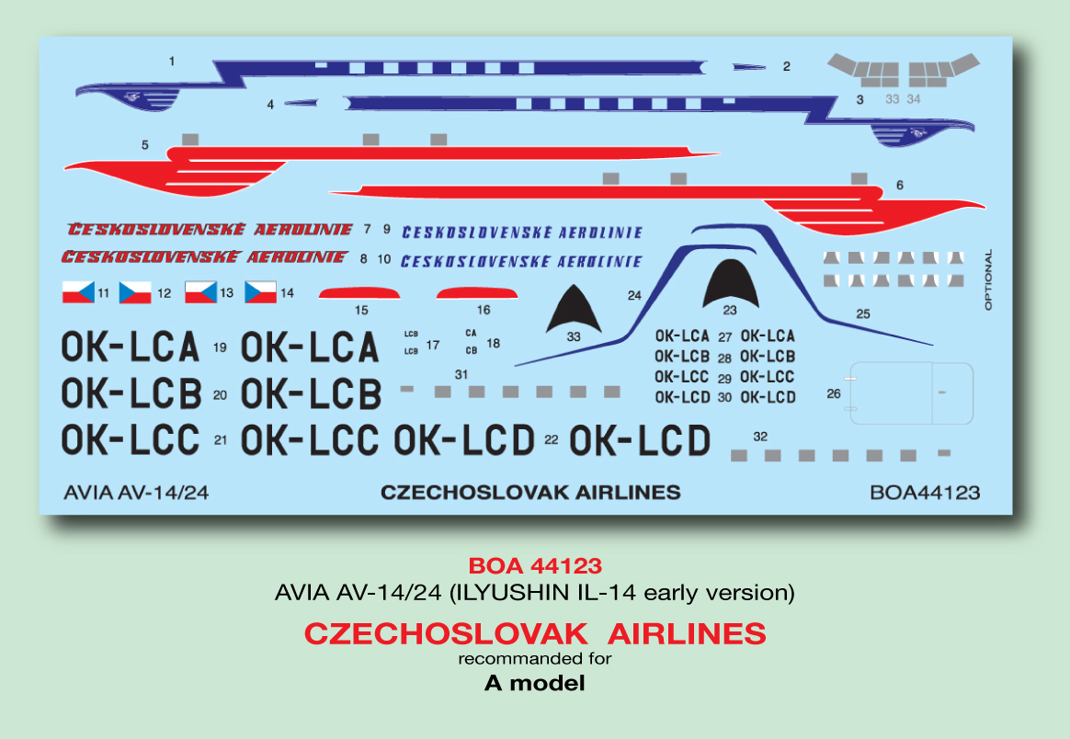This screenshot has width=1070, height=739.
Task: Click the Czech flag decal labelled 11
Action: [x=77, y=292]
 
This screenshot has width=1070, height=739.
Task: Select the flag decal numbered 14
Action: [x=260, y=292]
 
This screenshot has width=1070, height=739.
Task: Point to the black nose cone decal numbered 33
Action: [x=575, y=310]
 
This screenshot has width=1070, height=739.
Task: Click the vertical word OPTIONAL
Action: [x=988, y=279]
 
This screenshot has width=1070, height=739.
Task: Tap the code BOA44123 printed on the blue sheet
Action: [x=924, y=493]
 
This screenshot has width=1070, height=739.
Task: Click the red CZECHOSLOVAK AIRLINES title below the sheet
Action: [x=534, y=634]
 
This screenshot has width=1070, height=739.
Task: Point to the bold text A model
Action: [x=534, y=683]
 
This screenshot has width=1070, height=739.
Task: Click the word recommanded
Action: [x=506, y=658]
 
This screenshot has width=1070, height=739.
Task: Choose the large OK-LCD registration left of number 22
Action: [x=464, y=440]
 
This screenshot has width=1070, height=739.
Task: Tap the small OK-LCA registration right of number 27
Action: [x=768, y=336]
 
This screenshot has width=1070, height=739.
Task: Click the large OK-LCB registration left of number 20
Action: [x=131, y=394]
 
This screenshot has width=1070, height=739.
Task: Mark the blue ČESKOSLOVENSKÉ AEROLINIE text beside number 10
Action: [x=521, y=261]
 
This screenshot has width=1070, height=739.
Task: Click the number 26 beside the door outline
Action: [x=834, y=393]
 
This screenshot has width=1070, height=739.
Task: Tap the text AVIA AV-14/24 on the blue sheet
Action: [x=137, y=493]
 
